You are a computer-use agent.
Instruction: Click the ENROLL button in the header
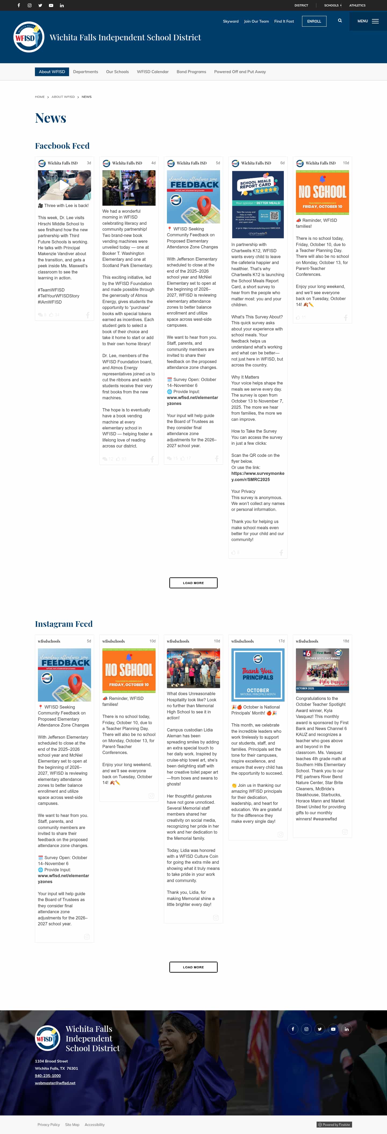coord(314,21)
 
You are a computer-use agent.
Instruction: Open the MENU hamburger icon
coord(375,21)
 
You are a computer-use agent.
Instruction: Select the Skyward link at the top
coord(230,21)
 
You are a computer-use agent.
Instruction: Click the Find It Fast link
coord(284,21)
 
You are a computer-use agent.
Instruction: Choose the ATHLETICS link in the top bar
coord(357,5)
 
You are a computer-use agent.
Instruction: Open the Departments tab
coord(85,72)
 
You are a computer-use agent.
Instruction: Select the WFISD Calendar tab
coord(153,72)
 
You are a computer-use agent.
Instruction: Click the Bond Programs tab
coord(191,72)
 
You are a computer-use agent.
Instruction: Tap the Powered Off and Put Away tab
coord(240,72)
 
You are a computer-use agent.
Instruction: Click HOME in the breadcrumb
coord(40,97)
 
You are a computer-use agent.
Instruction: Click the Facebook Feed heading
coord(62,146)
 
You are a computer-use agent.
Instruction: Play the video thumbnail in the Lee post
coord(64,185)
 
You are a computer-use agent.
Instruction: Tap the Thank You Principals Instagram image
coord(258,674)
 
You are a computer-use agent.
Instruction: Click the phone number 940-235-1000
coord(48,1075)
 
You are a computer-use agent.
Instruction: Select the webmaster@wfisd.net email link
coord(55,1083)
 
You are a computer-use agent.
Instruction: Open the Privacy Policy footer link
coord(48,1124)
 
